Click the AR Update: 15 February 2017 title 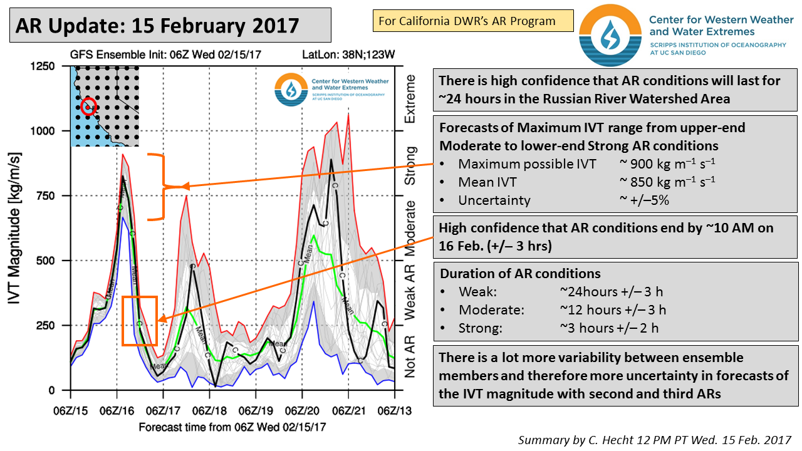[157, 25]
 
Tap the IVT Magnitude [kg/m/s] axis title [17, 228]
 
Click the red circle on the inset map [88, 106]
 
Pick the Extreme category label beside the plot [411, 99]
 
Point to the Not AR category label [411, 356]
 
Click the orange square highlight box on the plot [139, 321]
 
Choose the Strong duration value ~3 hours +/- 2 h [608, 328]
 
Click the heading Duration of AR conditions [520, 274]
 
